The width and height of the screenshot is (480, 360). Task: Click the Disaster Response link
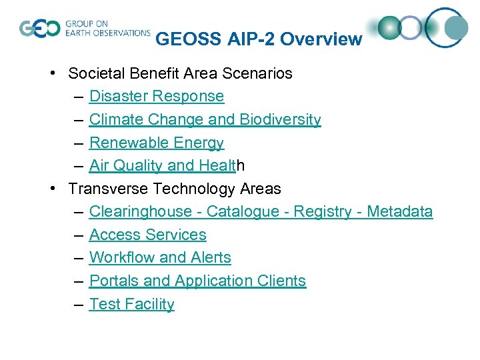tap(156, 96)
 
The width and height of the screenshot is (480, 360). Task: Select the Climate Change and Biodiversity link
tap(205, 119)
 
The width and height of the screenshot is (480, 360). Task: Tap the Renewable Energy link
tap(156, 143)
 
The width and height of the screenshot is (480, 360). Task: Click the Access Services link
tap(147, 235)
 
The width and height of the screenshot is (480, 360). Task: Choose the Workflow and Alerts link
tap(160, 257)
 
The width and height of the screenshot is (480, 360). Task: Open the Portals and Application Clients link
tap(197, 281)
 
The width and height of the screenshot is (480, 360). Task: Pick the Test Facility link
tap(131, 304)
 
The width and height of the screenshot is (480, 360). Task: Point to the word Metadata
tap(399, 212)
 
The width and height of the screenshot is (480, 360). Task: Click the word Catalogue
tap(243, 212)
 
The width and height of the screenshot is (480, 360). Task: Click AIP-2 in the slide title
tap(249, 39)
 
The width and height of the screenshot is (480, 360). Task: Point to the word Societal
tap(95, 73)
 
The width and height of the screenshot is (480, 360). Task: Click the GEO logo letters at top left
tap(39, 29)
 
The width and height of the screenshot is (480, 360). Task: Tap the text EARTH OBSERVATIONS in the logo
tap(108, 33)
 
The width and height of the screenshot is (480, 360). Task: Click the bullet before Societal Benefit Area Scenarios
tap(52, 73)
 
